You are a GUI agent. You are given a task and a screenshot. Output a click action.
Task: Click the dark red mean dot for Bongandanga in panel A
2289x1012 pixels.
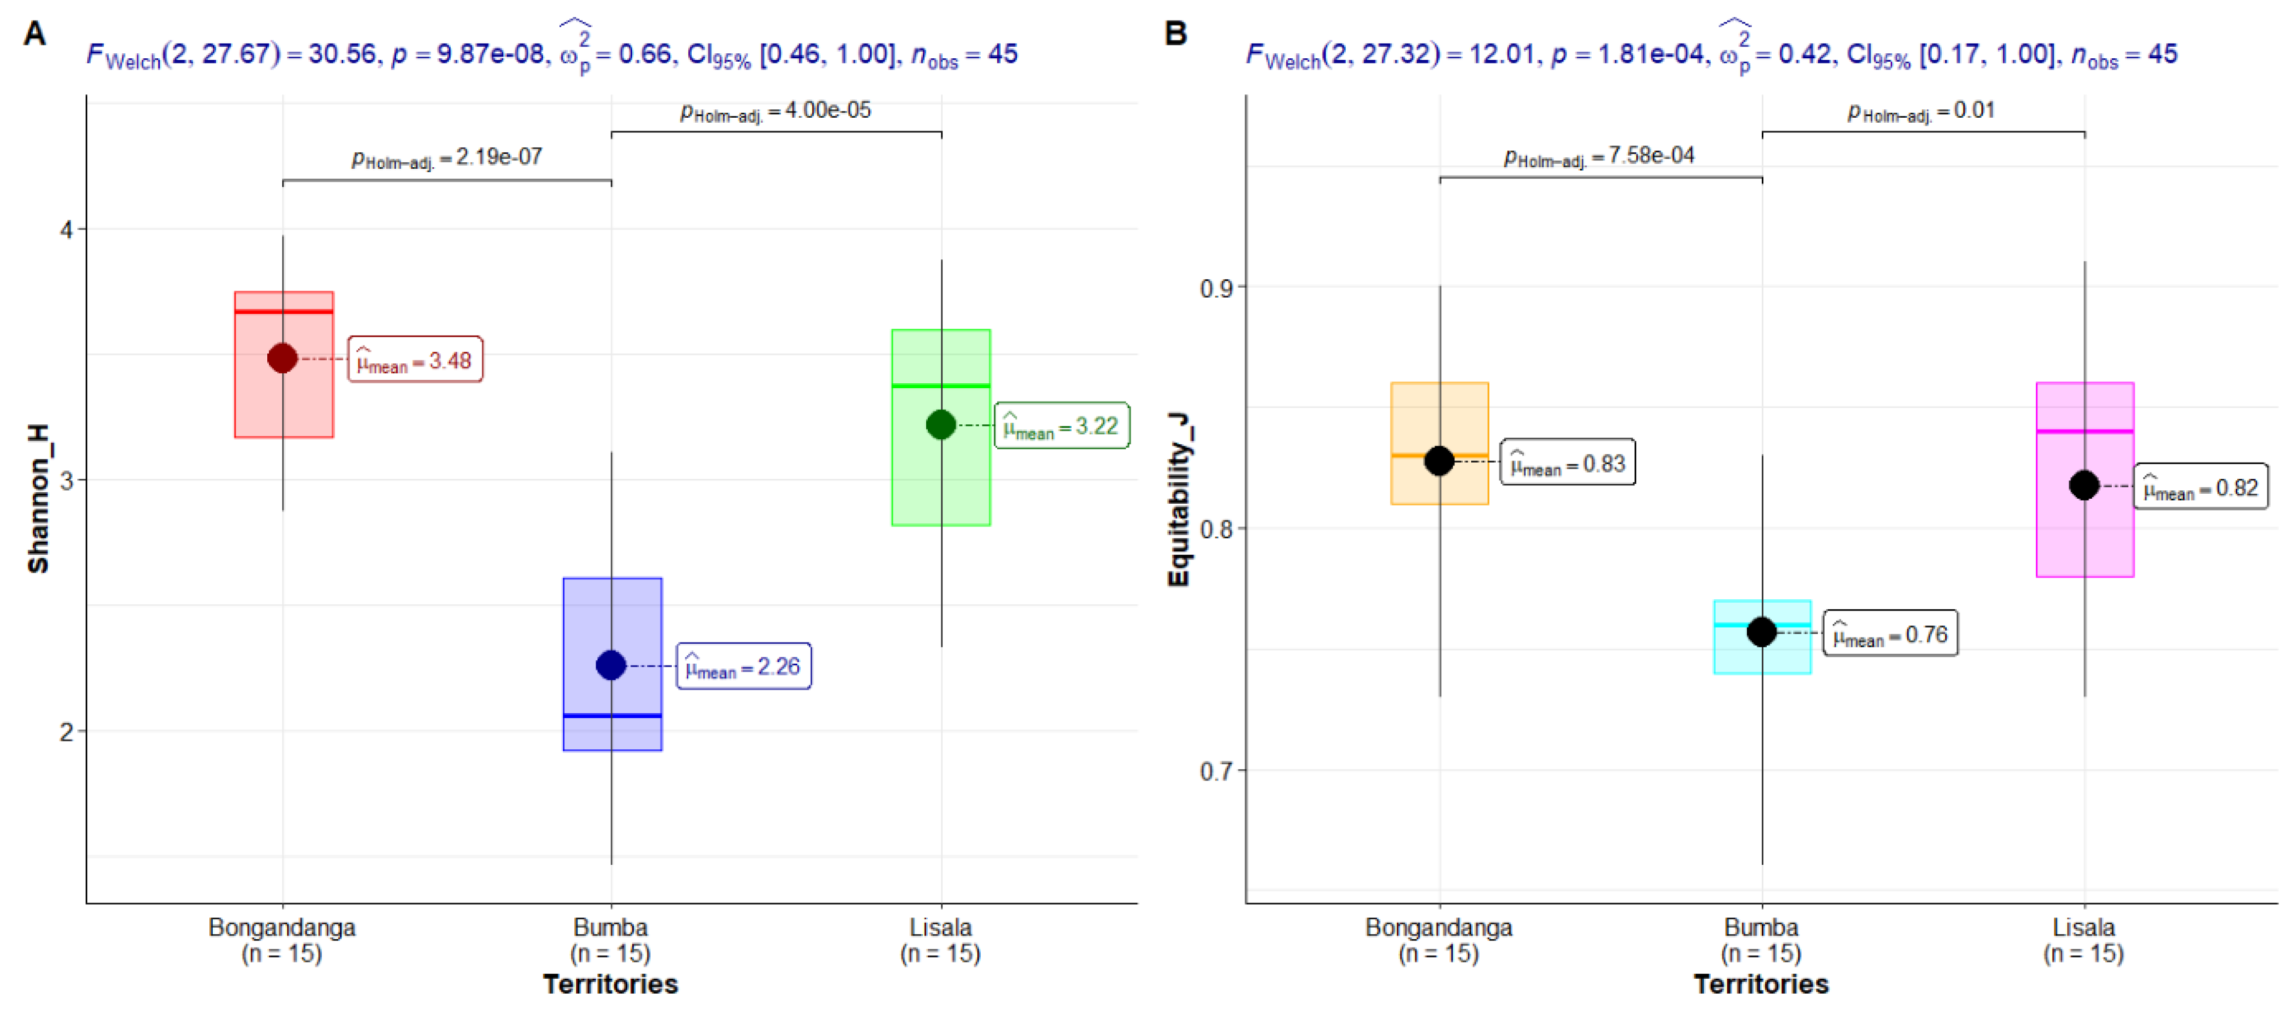click(283, 358)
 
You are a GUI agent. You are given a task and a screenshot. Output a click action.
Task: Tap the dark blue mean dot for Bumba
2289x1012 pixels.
click(611, 665)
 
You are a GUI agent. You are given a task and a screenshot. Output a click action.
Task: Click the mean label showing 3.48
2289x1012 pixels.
click(415, 360)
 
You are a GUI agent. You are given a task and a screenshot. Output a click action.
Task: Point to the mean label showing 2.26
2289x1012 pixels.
click(744, 667)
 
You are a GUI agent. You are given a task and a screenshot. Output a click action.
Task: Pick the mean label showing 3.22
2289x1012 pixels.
click(1062, 425)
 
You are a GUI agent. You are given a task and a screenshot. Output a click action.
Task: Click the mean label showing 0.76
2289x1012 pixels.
click(1890, 634)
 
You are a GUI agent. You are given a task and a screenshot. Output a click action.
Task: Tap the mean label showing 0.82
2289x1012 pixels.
click(2201, 487)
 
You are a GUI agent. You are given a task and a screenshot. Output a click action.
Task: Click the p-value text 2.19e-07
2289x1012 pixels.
click(447, 158)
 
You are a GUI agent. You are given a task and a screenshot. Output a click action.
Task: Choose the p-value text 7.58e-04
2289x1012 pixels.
click(1600, 157)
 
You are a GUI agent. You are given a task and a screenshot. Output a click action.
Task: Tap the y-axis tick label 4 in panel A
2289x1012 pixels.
click(66, 229)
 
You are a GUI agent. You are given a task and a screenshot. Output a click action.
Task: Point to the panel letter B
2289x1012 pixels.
click(1176, 34)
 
